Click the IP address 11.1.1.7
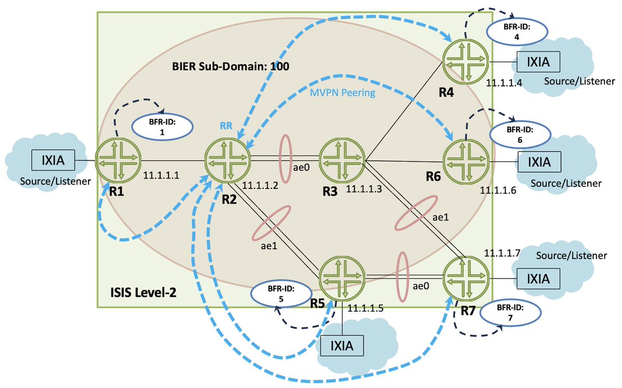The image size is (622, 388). tap(502, 253)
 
